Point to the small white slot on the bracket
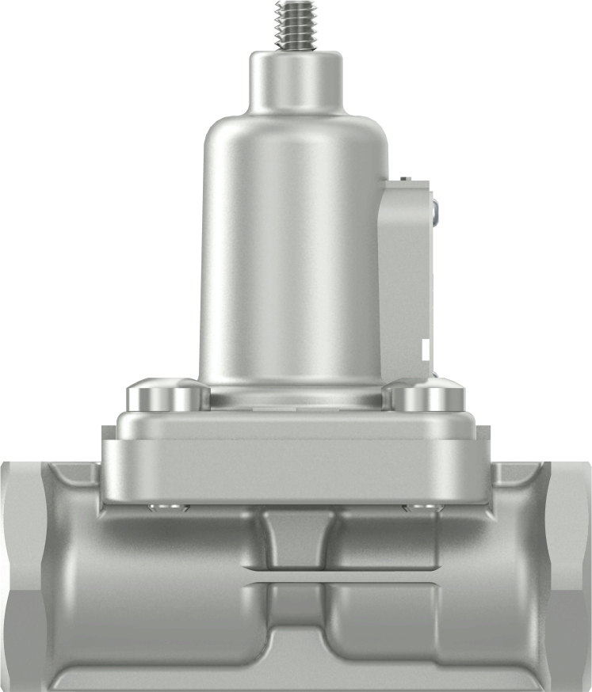[426, 348]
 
